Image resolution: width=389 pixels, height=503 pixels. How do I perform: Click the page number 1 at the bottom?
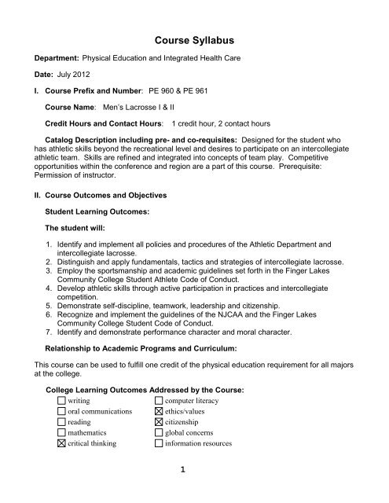click(194, 488)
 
